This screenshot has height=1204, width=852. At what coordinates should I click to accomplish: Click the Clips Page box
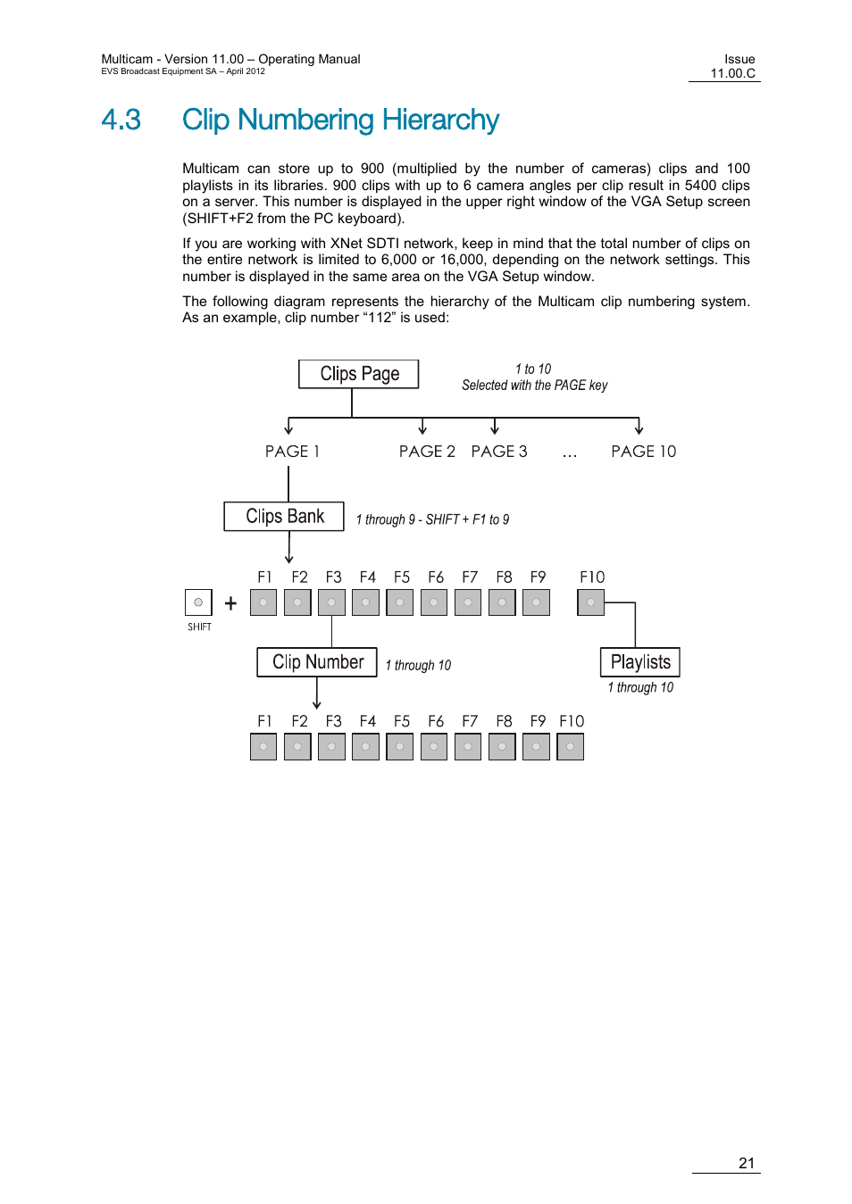(358, 374)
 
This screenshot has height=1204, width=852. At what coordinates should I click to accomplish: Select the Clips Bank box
(284, 517)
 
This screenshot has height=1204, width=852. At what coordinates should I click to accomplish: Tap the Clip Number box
(317, 662)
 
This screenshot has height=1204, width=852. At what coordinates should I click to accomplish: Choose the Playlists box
(639, 662)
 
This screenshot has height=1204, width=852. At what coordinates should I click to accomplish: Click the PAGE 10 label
(643, 452)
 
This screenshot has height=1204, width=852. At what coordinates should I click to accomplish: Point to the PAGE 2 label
(427, 452)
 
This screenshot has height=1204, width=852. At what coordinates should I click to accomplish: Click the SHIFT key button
(198, 602)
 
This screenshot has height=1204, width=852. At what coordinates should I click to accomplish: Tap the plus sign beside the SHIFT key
(230, 603)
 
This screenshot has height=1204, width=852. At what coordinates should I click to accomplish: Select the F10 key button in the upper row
(590, 602)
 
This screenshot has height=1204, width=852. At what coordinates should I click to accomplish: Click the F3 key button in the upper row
(331, 602)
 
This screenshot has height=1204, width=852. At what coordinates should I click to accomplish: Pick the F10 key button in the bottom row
(570, 747)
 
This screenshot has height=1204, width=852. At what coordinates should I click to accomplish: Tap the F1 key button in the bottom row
(263, 747)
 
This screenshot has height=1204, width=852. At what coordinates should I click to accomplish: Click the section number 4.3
(121, 120)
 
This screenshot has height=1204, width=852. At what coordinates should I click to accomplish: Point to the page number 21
(747, 1163)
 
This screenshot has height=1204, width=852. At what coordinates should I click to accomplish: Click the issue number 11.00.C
(732, 73)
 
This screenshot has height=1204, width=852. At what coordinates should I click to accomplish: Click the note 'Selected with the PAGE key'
(534, 386)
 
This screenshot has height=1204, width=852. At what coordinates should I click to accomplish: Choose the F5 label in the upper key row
(402, 577)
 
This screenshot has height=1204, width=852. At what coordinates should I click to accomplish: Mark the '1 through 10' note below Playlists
(640, 687)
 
